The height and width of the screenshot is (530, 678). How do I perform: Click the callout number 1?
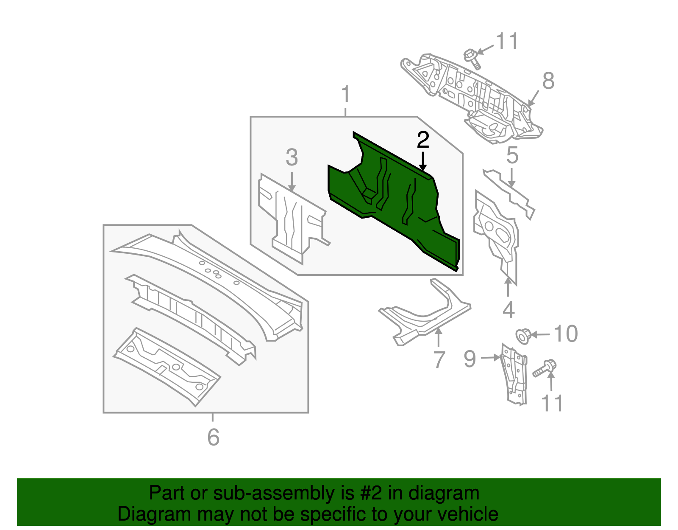pyautogui.click(x=346, y=94)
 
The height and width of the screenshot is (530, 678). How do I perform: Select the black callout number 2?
pyautogui.click(x=423, y=140)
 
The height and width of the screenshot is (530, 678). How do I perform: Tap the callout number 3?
pyautogui.click(x=292, y=157)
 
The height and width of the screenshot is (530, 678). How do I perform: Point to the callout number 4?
pyautogui.click(x=508, y=309)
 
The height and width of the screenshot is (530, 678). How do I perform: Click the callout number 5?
pyautogui.click(x=512, y=155)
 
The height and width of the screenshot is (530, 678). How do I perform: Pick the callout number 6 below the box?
pyautogui.click(x=213, y=437)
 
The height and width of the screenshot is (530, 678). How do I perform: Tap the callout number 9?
pyautogui.click(x=470, y=359)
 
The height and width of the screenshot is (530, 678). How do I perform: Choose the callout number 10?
pyautogui.click(x=566, y=334)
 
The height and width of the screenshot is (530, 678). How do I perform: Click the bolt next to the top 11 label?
pyautogui.click(x=472, y=59)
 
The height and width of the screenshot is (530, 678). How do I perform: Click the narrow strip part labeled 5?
pyautogui.click(x=508, y=193)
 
